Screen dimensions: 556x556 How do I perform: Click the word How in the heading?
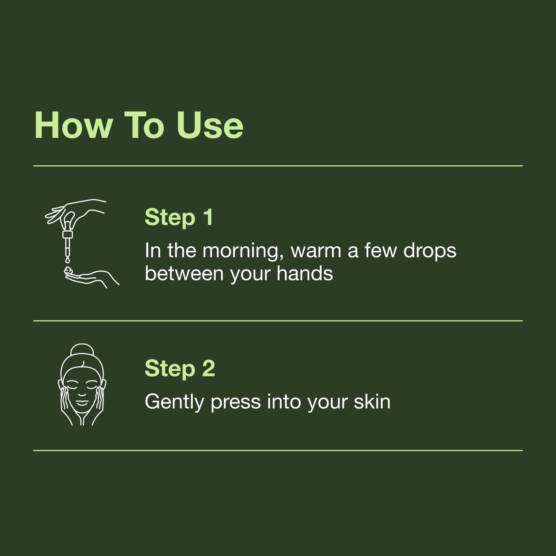pyautogui.click(x=73, y=126)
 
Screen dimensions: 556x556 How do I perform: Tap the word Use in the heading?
pyautogui.click(x=210, y=126)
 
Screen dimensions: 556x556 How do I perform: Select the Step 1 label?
pyautogui.click(x=178, y=217)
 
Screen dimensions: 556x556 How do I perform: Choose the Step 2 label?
pyautogui.click(x=180, y=369)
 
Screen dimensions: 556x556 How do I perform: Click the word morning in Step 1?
pyautogui.click(x=240, y=251)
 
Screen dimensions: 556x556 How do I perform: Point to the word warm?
pyautogui.click(x=316, y=251)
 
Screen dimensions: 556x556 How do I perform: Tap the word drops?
pyautogui.click(x=430, y=251)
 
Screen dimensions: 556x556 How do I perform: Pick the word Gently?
pyautogui.click(x=174, y=402)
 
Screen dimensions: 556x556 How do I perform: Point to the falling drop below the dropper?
pyautogui.click(x=67, y=260)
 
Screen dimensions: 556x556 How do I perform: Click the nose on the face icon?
pyautogui.click(x=82, y=393)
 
